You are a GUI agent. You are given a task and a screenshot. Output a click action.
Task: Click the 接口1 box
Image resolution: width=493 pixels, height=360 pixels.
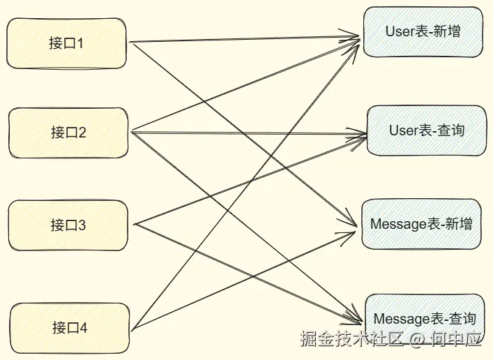tap(67, 43)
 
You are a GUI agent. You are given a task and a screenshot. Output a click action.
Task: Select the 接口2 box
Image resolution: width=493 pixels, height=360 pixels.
tap(68, 133)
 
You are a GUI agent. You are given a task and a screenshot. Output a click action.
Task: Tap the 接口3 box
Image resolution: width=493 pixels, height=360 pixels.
tap(68, 225)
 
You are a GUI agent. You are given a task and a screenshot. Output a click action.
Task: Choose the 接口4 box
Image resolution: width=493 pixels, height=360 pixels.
tap(69, 327)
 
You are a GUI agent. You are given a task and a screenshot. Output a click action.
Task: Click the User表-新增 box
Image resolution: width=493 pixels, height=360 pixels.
tap(423, 31)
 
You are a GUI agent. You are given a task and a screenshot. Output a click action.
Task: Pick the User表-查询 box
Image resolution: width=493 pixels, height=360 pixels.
tap(426, 130)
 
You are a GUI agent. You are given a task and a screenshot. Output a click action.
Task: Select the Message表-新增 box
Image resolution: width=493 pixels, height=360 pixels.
tap(421, 224)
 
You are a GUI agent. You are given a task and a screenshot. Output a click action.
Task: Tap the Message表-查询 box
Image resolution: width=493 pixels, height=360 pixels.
tap(424, 319)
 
